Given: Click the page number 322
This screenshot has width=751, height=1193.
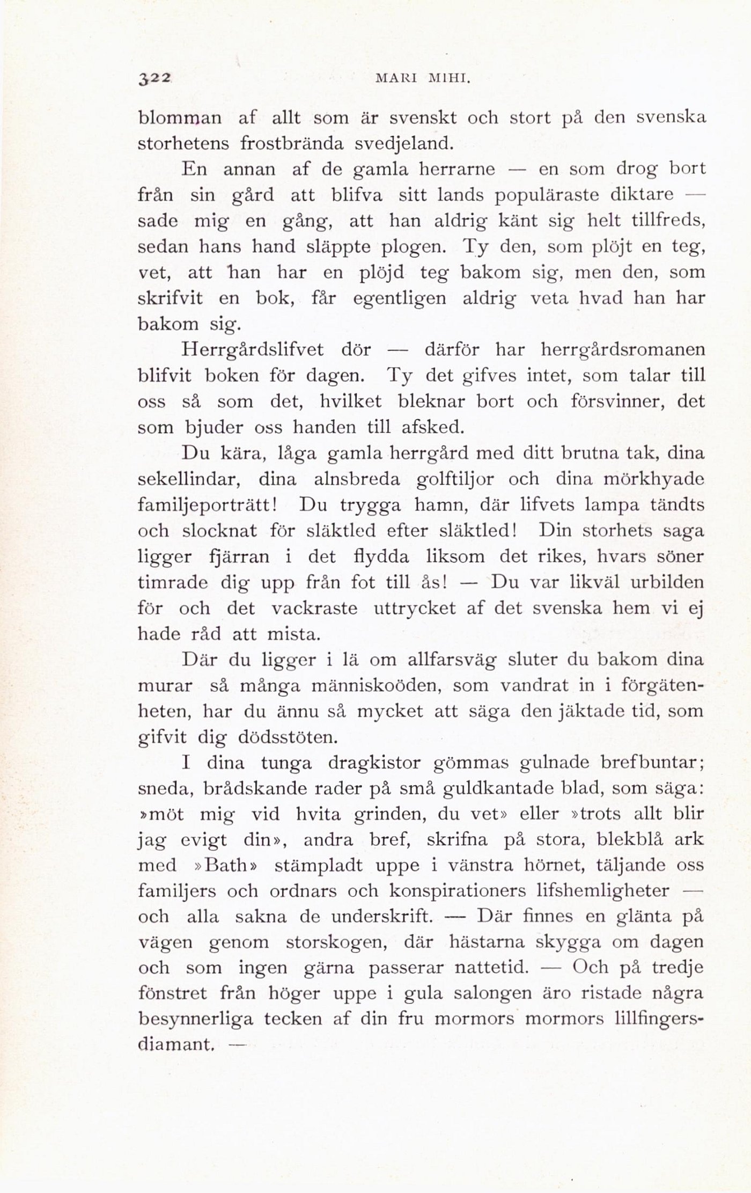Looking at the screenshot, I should point(154,79).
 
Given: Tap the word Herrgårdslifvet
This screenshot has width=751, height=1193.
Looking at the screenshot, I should point(253,350).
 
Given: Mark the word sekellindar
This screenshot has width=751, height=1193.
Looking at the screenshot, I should point(188,479).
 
